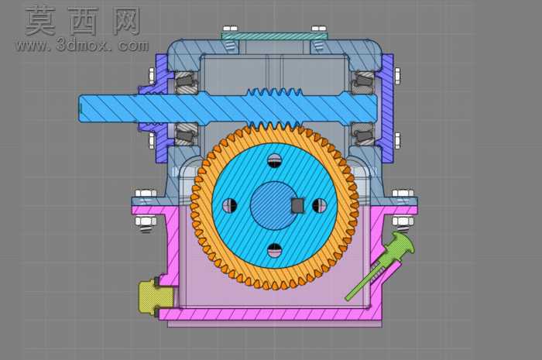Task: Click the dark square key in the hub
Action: tap(297, 206)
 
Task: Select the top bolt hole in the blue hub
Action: tap(275, 160)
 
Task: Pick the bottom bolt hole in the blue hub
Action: tap(275, 250)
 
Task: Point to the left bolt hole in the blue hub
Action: tap(230, 205)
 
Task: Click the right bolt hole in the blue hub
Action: tap(319, 205)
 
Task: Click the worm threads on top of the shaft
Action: tap(275, 92)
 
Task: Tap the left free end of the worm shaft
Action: tap(81, 108)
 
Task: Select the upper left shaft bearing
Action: tap(187, 82)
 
